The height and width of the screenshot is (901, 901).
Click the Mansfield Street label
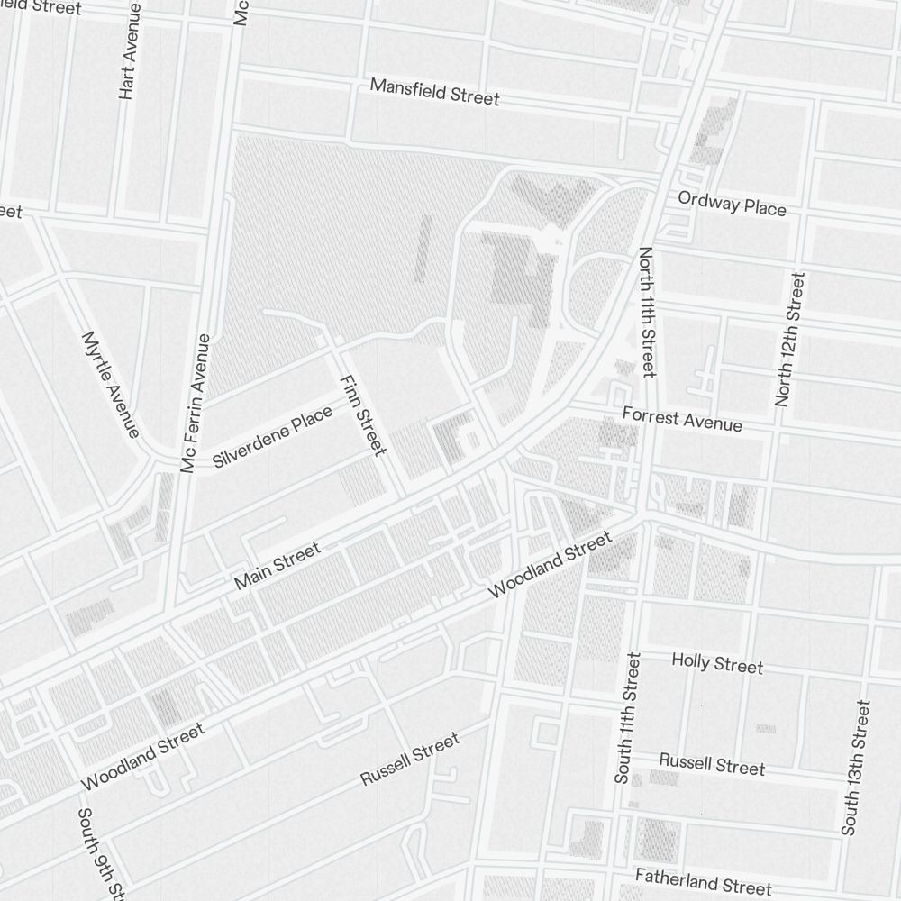[x=434, y=92]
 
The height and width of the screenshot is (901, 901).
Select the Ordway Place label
[x=732, y=204]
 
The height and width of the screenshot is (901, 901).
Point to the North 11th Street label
[x=647, y=312]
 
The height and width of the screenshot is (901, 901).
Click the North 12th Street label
[x=788, y=339]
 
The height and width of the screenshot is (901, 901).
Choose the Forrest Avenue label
[x=682, y=419]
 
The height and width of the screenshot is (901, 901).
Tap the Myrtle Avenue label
[x=110, y=385]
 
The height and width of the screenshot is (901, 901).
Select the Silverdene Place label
[x=272, y=436]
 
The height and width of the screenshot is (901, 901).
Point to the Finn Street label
[x=362, y=415]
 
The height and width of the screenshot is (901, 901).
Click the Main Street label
[x=277, y=566]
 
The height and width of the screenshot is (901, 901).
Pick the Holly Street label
[x=717, y=663]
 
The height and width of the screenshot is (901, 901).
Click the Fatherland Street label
[x=703, y=880]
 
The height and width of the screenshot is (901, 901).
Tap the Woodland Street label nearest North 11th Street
[x=549, y=565]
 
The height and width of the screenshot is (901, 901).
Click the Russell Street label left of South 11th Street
[x=410, y=759]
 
